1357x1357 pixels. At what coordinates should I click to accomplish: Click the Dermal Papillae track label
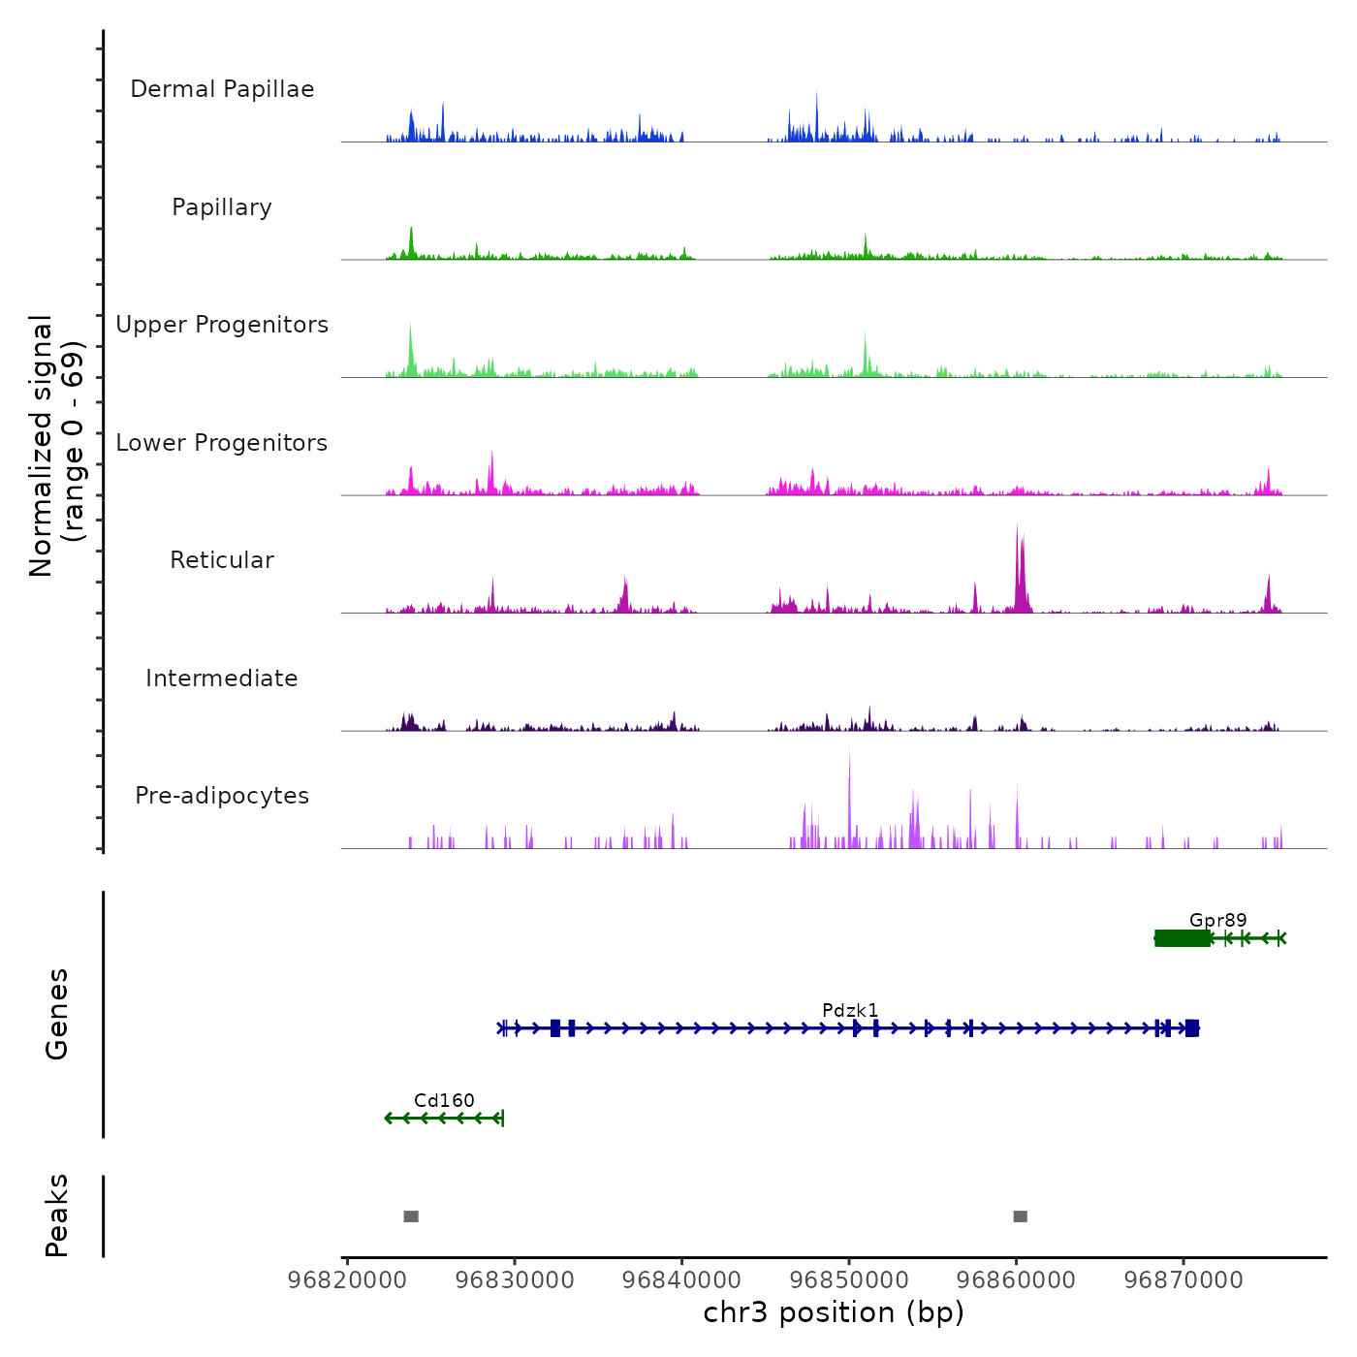tap(222, 89)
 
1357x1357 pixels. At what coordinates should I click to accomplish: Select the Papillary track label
tap(222, 207)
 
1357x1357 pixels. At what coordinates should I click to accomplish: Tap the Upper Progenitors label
tap(222, 325)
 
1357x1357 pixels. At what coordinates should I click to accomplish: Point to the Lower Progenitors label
tap(222, 443)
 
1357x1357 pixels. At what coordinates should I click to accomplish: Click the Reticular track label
tap(222, 560)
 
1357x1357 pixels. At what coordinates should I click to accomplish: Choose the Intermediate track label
tap(222, 678)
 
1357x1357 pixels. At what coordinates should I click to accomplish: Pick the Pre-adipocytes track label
tap(222, 796)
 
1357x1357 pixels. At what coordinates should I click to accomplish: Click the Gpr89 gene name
tap(1217, 921)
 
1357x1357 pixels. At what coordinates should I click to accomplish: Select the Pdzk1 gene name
tap(850, 1011)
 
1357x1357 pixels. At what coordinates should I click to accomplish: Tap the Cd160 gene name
tap(444, 1101)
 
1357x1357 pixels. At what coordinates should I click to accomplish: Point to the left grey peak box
tap(411, 1216)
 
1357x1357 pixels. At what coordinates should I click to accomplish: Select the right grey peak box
tap(1020, 1216)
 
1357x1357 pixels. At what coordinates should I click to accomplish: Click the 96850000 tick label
tap(849, 1280)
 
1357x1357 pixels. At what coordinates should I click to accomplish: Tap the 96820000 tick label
tap(347, 1280)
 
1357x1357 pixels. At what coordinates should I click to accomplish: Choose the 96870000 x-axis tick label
tap(1183, 1280)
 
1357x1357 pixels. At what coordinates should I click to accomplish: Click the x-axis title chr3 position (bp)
tap(834, 1313)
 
